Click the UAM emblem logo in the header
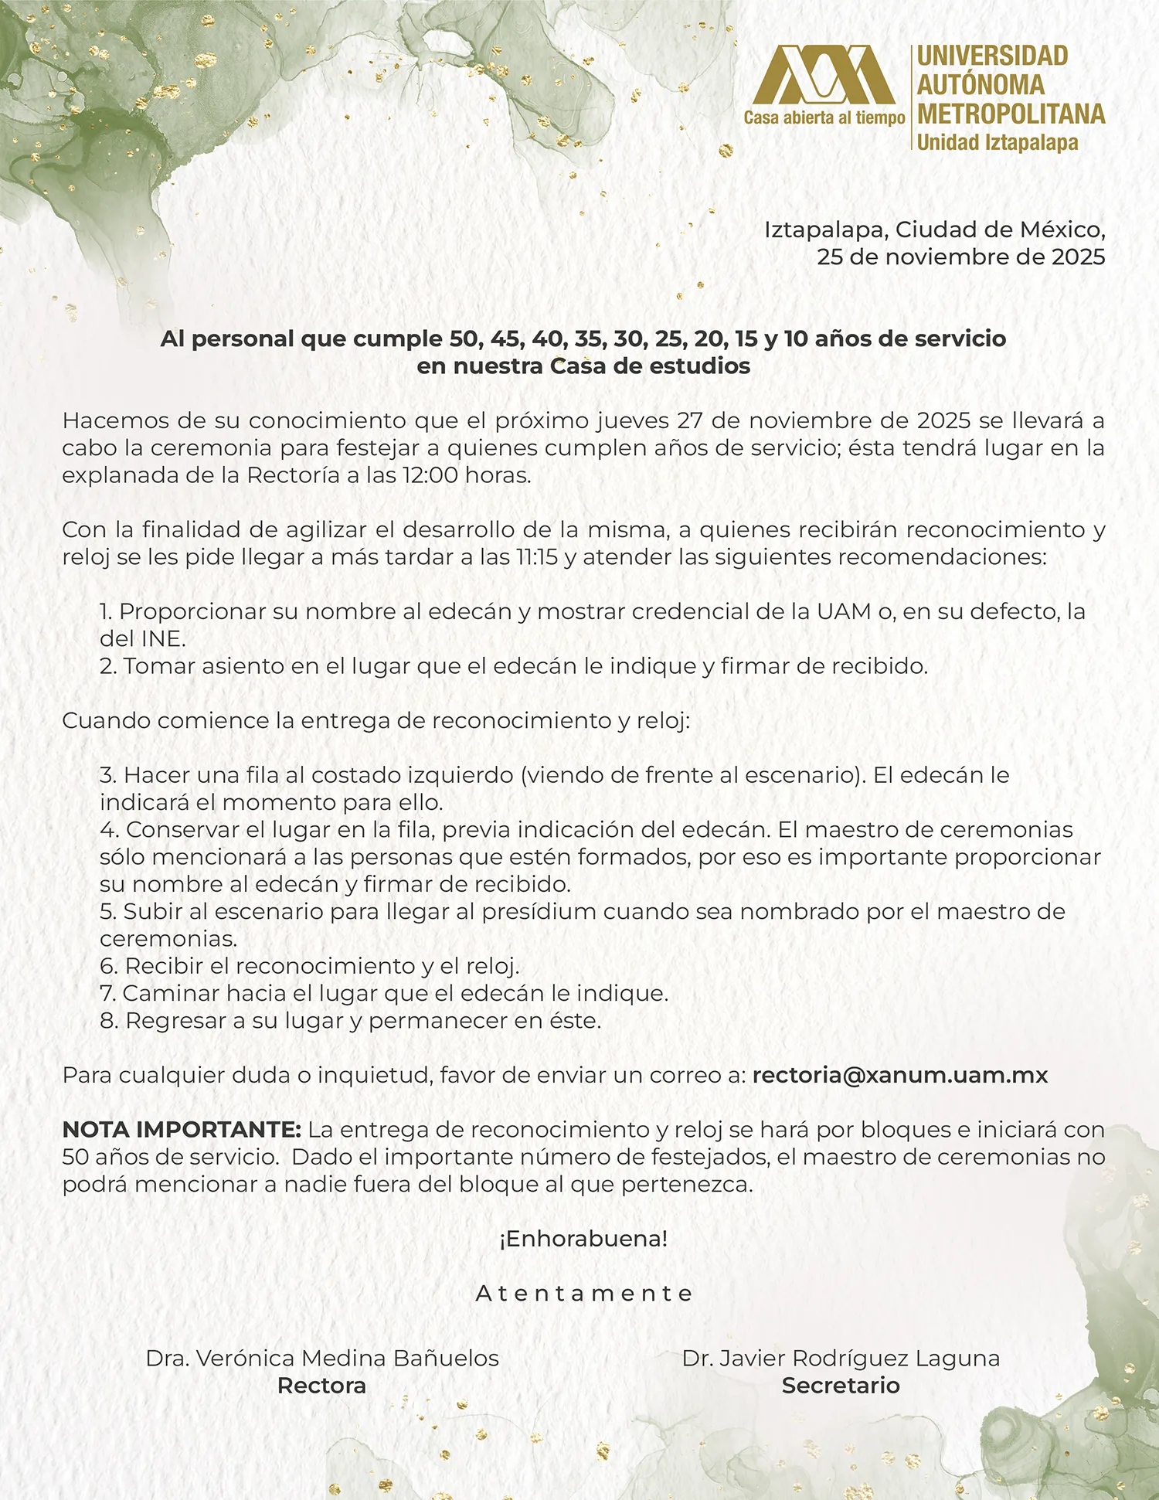(x=824, y=75)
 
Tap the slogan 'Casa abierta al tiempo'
(x=824, y=118)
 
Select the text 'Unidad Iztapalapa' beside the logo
(x=997, y=143)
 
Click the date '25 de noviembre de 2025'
(x=960, y=257)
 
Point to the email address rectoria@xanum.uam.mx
(x=899, y=1075)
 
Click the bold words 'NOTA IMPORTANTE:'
(x=182, y=1130)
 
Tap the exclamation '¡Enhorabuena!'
(x=583, y=1239)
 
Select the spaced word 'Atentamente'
(x=584, y=1293)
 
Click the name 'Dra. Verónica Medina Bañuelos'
(x=322, y=1359)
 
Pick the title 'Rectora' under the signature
(x=321, y=1386)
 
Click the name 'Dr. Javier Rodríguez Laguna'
(x=841, y=1359)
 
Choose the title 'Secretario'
(x=841, y=1386)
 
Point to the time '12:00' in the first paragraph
(x=430, y=475)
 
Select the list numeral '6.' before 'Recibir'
(x=109, y=967)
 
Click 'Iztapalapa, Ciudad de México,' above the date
(x=934, y=230)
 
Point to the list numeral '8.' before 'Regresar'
(x=109, y=1021)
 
